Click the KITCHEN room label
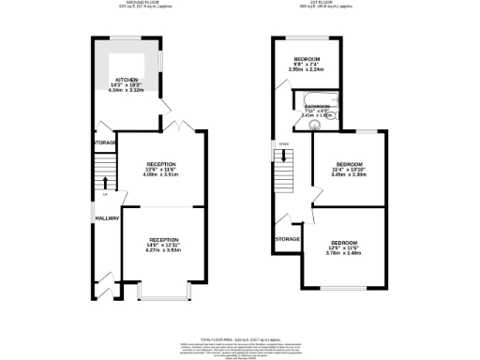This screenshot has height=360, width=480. point(126,80)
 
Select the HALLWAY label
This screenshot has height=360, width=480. point(105,217)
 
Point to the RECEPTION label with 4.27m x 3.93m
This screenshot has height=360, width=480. point(163,240)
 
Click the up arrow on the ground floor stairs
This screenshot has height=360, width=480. point(106,183)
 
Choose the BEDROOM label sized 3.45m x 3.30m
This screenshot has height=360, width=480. point(349,165)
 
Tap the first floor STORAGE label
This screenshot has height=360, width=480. point(287,239)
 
